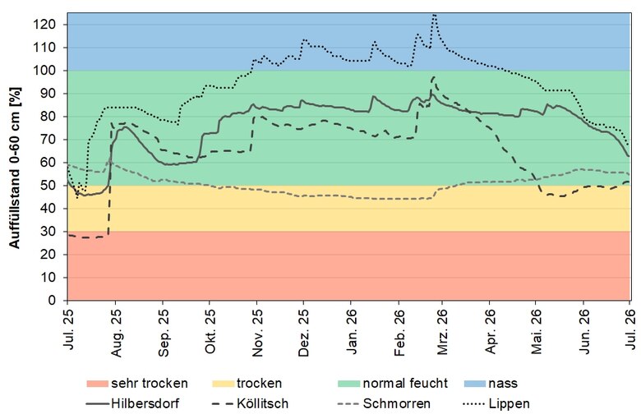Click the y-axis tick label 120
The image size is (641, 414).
click(x=45, y=25)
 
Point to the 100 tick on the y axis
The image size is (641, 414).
click(x=45, y=71)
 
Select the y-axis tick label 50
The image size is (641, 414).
click(x=48, y=186)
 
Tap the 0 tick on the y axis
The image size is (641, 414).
click(x=52, y=301)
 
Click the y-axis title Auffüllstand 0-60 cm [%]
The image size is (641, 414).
click(x=14, y=168)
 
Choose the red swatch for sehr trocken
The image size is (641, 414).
click(x=97, y=384)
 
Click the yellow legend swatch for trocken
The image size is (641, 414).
click(x=224, y=384)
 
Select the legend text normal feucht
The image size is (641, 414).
click(x=405, y=384)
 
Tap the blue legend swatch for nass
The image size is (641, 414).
click(x=475, y=384)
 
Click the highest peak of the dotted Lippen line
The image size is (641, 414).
click(x=434, y=14)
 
